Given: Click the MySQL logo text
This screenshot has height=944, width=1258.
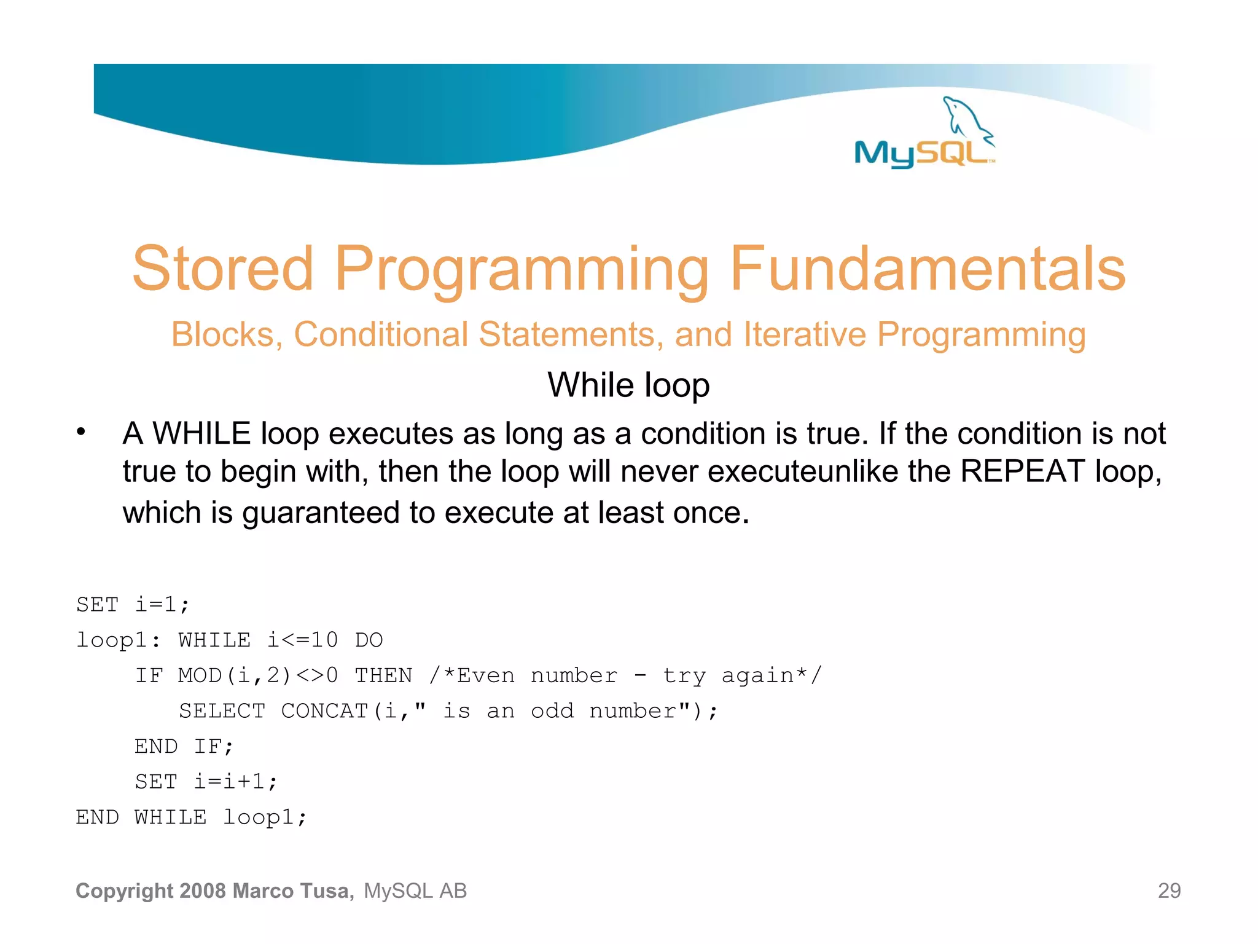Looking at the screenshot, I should (x=921, y=154).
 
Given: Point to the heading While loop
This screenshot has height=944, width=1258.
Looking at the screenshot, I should (x=628, y=385).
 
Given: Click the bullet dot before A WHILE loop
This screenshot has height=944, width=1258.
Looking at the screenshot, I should (x=81, y=432).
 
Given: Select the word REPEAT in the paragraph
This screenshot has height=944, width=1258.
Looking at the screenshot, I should (x=1023, y=472).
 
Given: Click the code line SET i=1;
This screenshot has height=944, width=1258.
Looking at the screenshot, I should (x=133, y=605).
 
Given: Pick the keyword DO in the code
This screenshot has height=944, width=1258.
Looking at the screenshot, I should (x=369, y=640).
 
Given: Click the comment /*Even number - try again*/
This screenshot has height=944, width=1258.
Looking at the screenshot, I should (x=625, y=675).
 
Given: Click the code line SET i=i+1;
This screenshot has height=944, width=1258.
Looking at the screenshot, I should (x=206, y=782).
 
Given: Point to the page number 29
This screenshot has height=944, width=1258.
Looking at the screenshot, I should (x=1169, y=891).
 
